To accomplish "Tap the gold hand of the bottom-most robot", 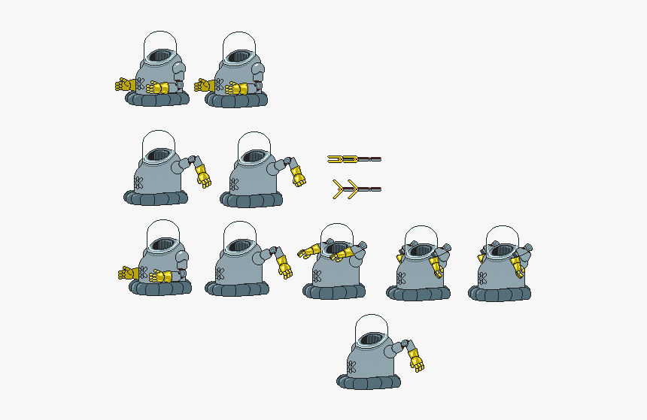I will [x=416, y=362].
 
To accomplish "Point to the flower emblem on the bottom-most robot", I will [x=351, y=367].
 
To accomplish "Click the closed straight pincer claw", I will [x=354, y=159].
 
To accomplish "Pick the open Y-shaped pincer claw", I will [x=354, y=189].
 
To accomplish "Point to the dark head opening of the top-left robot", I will [x=161, y=56].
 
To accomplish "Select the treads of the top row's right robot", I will [x=235, y=98].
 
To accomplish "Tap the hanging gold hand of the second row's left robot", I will [x=204, y=177].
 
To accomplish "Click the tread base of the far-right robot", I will [x=500, y=292].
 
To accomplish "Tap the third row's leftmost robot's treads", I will [x=159, y=286].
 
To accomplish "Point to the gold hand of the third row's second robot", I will [x=284, y=267].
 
